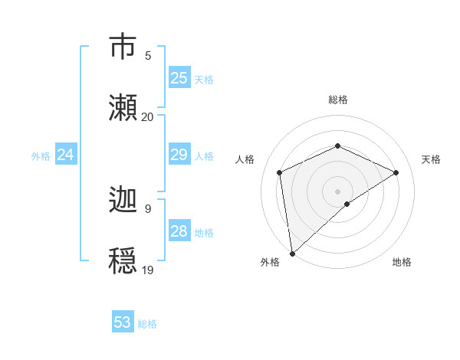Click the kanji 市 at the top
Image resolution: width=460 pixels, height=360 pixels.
coord(123,47)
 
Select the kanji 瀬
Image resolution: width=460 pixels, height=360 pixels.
coord(123,108)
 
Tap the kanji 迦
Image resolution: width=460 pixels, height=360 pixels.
coord(123,200)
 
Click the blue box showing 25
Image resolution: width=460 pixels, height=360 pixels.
coord(179,78)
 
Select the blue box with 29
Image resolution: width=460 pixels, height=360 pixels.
coord(179,155)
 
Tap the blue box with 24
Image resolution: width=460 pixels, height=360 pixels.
coord(65,155)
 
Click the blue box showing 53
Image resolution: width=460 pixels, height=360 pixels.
coord(123,322)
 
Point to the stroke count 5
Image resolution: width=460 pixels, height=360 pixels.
coord(148,55)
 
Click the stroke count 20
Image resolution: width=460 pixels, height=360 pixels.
coord(148,116)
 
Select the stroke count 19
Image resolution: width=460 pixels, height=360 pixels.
coord(148,270)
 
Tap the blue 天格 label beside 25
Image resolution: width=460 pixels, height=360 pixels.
coord(204,79)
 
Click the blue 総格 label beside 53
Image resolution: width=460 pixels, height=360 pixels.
coord(147,324)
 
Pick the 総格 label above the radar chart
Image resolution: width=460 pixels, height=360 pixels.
coord(337,100)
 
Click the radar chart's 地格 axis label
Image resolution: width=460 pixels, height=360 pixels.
coord(402,262)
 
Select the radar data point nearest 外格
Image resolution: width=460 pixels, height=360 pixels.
coord(292,254)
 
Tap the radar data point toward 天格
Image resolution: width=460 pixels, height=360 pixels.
coord(396,172)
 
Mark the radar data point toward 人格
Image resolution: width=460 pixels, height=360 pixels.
coord(280,172)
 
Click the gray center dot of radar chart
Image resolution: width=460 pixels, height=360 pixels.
coord(337,191)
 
